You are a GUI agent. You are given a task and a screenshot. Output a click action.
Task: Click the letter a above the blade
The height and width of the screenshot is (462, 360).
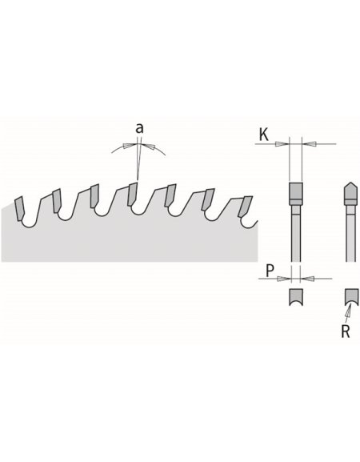pos(139,128)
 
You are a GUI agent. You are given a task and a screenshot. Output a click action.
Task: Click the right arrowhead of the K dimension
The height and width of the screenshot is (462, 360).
pos(307,144)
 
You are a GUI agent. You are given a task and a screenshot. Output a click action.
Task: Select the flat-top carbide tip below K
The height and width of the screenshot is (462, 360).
pos(294,193)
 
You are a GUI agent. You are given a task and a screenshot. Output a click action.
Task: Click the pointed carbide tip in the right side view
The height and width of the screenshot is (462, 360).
pos(349,192)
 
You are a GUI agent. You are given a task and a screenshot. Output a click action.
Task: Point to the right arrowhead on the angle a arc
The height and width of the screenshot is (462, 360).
pos(154,147)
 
